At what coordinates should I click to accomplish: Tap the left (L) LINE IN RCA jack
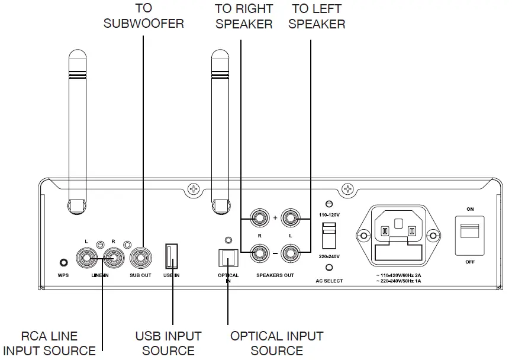pos(88,258)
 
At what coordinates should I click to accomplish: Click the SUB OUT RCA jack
pos(143,258)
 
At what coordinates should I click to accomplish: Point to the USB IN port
pos(172,257)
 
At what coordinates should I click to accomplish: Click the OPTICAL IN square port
pos(228,257)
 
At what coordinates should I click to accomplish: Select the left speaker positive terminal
pos(291,218)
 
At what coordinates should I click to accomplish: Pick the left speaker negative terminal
pos(291,255)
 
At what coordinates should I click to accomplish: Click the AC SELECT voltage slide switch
pos(328,235)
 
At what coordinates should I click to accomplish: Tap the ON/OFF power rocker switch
pos(470,234)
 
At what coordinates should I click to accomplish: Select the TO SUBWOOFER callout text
pos(143,16)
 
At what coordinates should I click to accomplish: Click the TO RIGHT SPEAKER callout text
pos(244,17)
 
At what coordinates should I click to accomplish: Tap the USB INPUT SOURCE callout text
pos(168,343)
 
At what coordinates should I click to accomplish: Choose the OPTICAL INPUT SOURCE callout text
pos(277,343)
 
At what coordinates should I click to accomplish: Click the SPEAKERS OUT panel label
pos(275,276)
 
